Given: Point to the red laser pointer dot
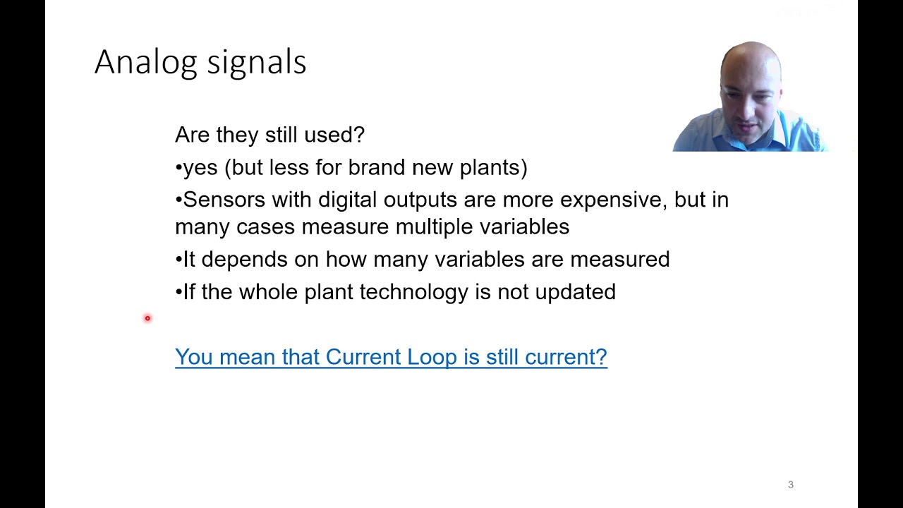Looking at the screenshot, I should coord(147,318).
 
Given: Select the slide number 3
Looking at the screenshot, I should coord(791,485).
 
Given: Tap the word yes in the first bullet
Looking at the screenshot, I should coord(200,168).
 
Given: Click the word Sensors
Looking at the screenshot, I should coord(224,200).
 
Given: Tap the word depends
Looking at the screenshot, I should coord(244,260).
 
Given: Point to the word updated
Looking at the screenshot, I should coord(575,292).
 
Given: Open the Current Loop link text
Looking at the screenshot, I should coord(390,357).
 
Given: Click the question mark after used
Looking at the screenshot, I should coord(359,135).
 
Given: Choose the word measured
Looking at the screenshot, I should coord(619,260).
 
